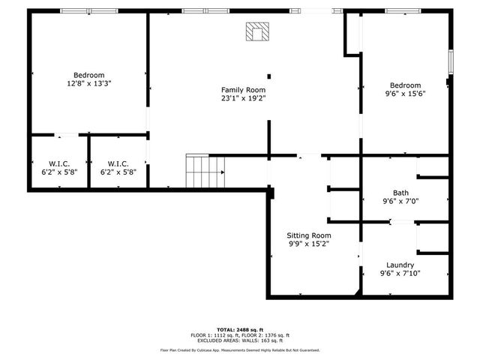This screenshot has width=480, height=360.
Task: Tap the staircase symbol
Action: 205,172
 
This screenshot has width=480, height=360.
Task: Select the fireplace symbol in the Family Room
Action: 257,31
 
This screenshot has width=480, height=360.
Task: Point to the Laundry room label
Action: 400,265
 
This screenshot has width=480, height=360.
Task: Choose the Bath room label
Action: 401,193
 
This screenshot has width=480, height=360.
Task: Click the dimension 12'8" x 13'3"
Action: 88,83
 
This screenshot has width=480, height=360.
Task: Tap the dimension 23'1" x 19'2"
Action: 244,97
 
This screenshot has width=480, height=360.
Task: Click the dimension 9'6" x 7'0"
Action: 401,201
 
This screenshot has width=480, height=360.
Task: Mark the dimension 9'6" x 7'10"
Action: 400,273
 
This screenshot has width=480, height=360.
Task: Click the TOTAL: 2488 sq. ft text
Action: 240,329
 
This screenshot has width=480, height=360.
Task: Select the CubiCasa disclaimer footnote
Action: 240,350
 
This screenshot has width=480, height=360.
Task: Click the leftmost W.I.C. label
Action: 58,163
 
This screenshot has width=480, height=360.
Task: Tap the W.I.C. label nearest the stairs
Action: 118,163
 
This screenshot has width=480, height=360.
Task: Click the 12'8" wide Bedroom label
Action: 88,75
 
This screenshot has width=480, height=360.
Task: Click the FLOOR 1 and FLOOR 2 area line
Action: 240,334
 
